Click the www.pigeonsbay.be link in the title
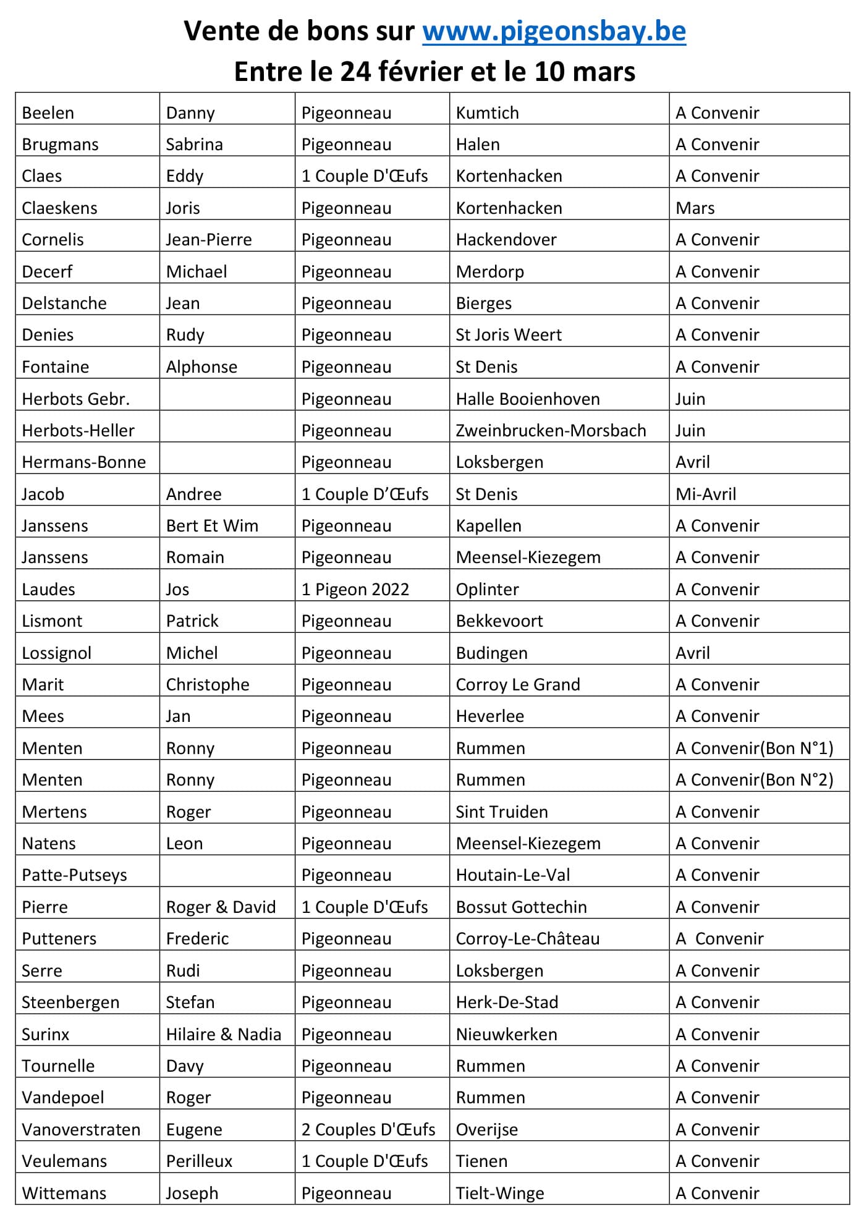point(554,32)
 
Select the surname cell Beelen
point(48,113)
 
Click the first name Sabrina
point(194,145)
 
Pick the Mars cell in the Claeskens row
point(695,208)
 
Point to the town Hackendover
point(506,240)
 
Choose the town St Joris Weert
point(509,335)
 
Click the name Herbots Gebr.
point(75,399)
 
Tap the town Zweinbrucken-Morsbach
point(551,431)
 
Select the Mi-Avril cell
point(706,494)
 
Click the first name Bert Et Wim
point(212,526)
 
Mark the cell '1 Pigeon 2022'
point(355,590)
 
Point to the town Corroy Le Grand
point(518,685)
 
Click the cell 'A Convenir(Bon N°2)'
point(754,780)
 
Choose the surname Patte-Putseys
point(74,875)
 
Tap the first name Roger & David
point(221,907)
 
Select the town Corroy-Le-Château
point(528,939)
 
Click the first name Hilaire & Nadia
point(224,1035)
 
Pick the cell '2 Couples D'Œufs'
point(368,1130)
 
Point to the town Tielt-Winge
point(500,1194)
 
